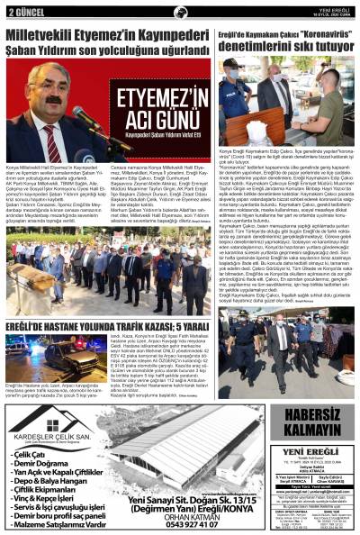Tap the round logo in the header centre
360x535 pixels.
180,10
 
